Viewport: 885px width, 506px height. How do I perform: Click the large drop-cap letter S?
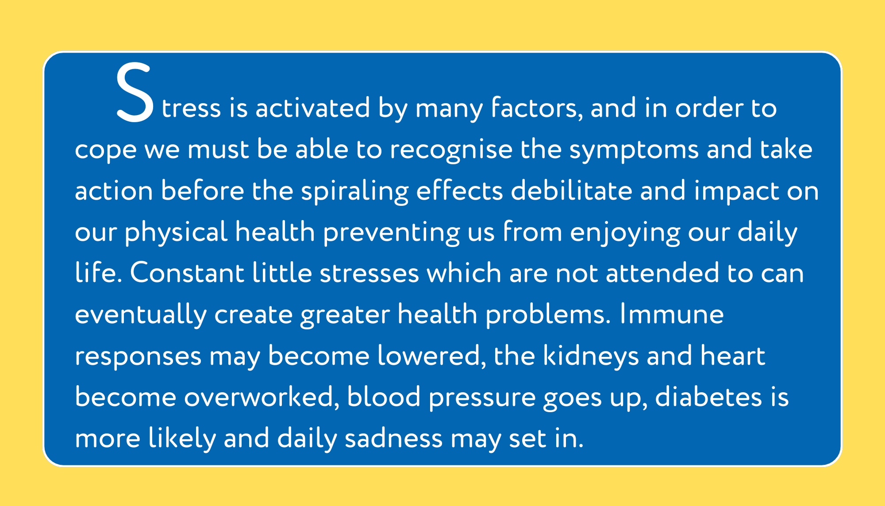(x=135, y=93)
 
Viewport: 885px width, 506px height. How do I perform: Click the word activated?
(x=312, y=108)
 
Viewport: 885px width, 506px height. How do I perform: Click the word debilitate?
(x=572, y=190)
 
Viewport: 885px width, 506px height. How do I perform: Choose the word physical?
(x=176, y=232)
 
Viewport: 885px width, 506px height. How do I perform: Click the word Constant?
(x=187, y=273)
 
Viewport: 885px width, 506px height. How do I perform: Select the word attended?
(x=662, y=273)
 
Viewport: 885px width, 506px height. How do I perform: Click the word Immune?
(x=672, y=314)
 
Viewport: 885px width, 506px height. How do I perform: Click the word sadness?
(x=393, y=439)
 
